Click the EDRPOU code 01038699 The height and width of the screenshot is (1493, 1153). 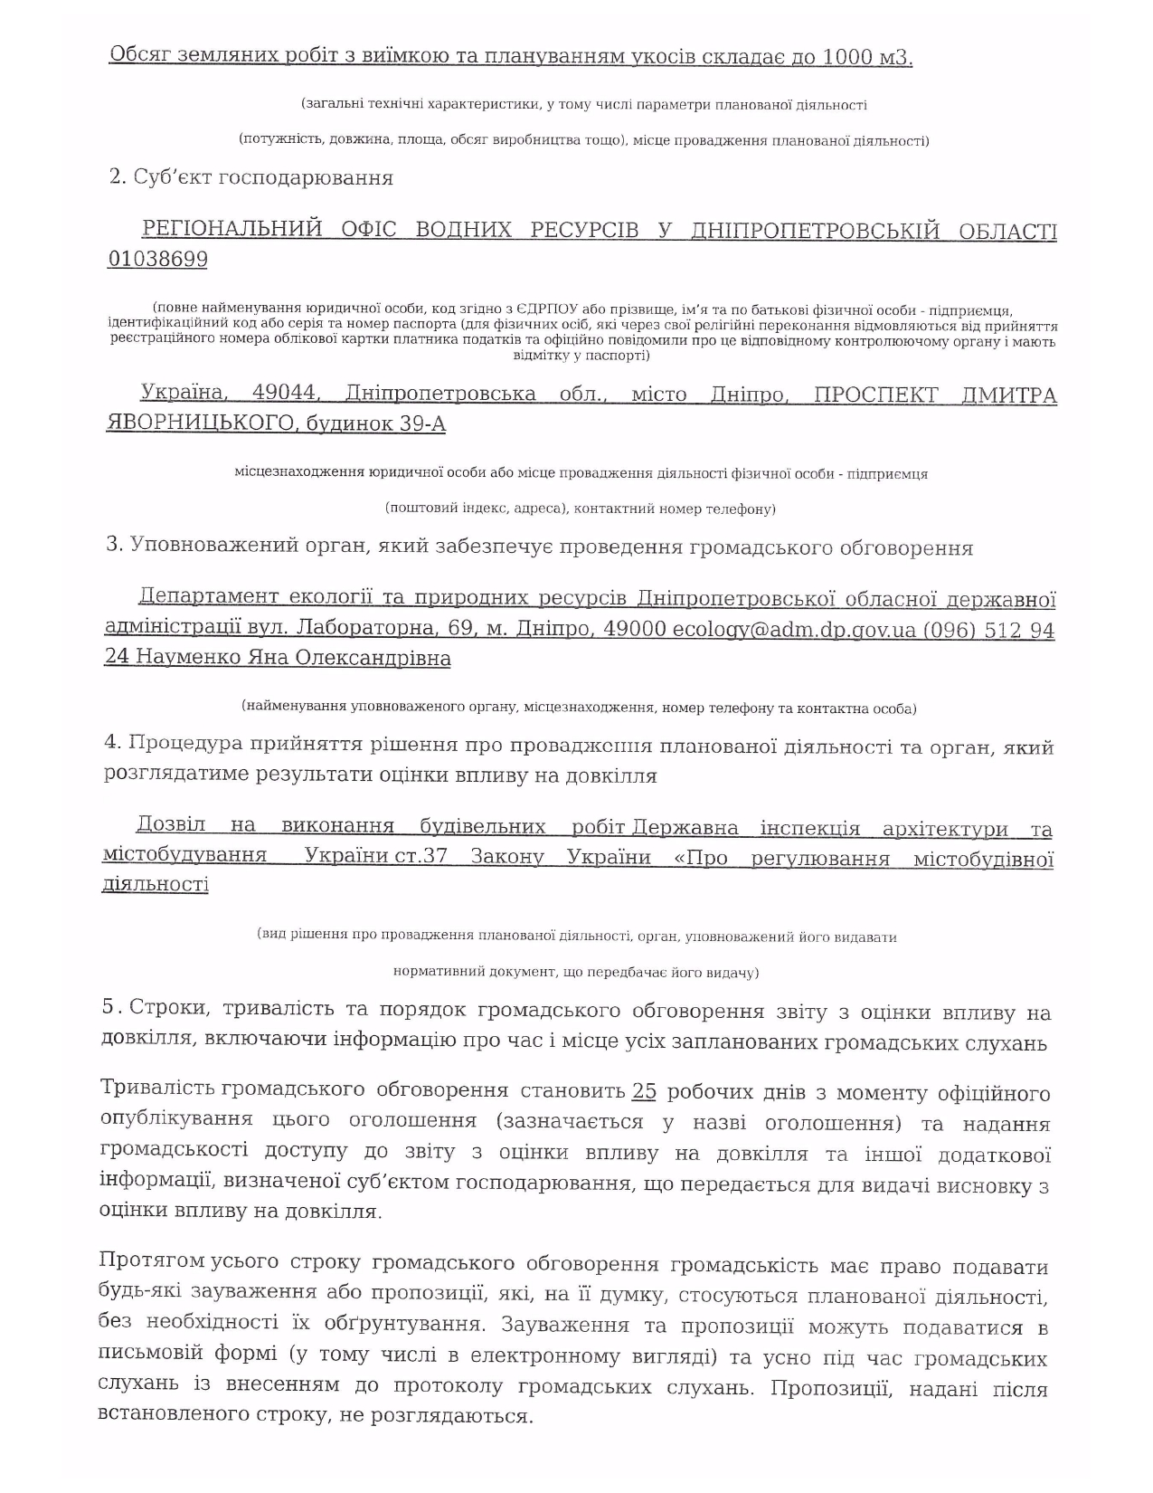click(x=157, y=260)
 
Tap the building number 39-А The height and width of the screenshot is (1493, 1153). click(x=422, y=423)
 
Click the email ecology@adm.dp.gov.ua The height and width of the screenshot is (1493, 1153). click(x=794, y=630)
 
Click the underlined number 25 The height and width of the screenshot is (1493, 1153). click(x=644, y=1091)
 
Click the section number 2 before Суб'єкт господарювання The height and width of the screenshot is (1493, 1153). click(x=116, y=176)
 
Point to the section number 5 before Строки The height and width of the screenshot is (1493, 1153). click(x=109, y=1007)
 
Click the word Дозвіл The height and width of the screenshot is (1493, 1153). click(x=171, y=825)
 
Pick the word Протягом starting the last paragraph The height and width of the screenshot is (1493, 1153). click(x=152, y=1261)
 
